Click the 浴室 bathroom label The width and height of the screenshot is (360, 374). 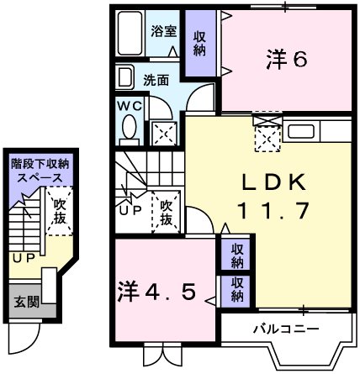(163, 32)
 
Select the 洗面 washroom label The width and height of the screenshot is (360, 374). (155, 81)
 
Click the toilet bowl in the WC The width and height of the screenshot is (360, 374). (129, 128)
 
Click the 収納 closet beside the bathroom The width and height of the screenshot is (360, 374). (199, 43)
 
